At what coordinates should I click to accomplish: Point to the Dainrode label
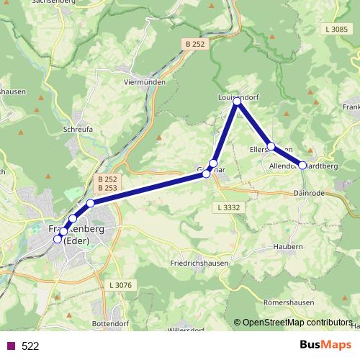point(311,193)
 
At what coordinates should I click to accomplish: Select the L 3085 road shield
point(336,30)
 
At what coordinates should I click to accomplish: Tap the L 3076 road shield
point(123,286)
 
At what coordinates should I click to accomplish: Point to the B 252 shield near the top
point(194,44)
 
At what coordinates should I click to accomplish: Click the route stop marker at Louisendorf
point(237,102)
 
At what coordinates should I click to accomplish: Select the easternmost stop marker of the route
point(302,165)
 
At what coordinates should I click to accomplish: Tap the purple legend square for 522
point(11,346)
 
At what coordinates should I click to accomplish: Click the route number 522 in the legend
point(30,346)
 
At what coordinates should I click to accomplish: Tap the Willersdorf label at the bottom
point(186,330)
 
